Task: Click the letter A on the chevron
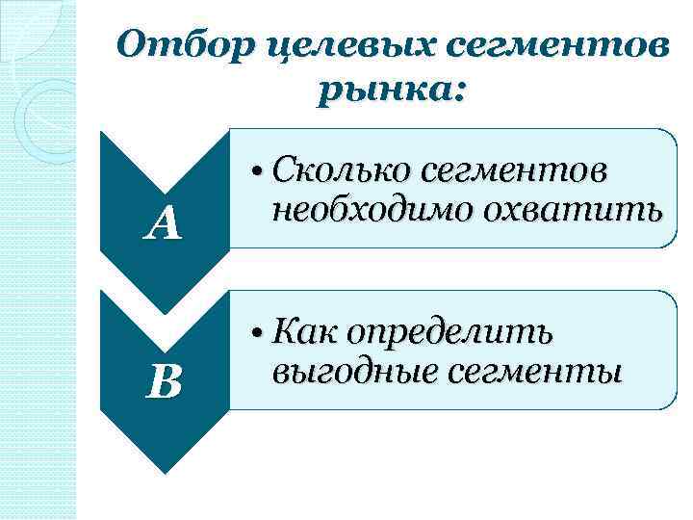click(164, 225)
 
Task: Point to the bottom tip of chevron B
click(164, 472)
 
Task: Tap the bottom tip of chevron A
click(164, 312)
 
